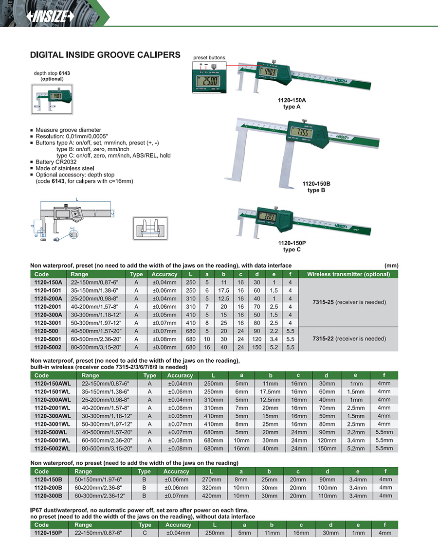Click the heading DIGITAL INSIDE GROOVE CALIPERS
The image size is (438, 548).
coord(105,55)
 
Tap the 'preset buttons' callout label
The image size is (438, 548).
coord(209,58)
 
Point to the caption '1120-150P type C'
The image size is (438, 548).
coord(292,246)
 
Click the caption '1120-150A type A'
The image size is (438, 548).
coord(292,104)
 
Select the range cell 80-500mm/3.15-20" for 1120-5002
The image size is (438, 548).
coord(96,347)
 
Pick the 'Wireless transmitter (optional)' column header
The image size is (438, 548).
coord(349,274)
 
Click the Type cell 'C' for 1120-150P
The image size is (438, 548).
coord(145,533)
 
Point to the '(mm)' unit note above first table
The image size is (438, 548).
coord(391,265)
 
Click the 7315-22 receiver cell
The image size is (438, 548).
coord(349,338)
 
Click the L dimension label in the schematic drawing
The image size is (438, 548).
coord(77,199)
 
